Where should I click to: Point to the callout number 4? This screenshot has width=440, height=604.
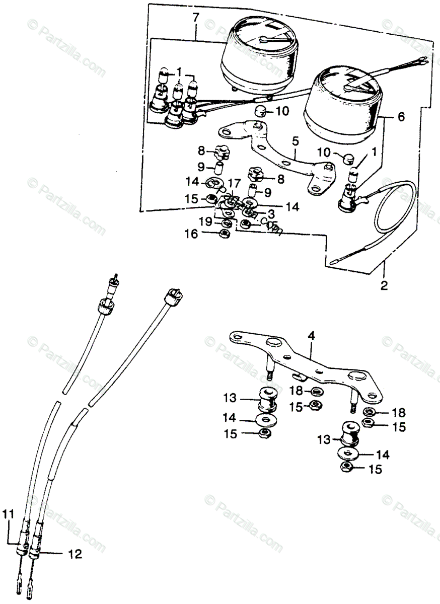(x=312, y=335)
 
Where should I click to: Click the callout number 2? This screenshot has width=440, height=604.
(x=384, y=286)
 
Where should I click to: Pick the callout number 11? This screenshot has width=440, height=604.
(x=7, y=514)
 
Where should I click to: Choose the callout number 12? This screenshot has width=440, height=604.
(x=75, y=555)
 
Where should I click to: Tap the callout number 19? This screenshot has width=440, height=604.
(x=205, y=221)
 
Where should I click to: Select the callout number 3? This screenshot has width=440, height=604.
(x=270, y=214)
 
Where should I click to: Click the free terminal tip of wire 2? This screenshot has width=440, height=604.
(x=334, y=262)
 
